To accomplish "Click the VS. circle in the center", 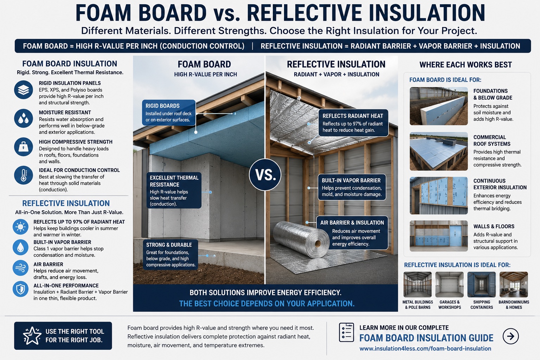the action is (x=265, y=175).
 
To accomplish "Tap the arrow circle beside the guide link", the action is (x=510, y=336).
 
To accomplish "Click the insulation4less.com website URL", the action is (x=425, y=349).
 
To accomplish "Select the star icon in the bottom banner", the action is (x=32, y=336).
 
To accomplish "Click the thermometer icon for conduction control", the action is (x=24, y=175).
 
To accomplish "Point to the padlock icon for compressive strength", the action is (x=24, y=147).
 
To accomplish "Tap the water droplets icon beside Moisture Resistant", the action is (x=24, y=118).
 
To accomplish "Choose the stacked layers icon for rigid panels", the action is (x=24, y=90).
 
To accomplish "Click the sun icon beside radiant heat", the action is (x=20, y=227).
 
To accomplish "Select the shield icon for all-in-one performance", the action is (x=20, y=289).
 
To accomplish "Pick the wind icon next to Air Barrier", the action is (x=20, y=268).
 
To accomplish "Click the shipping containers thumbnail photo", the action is (x=481, y=284).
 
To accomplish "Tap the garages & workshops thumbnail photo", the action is (x=449, y=284).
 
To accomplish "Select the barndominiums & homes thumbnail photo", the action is (x=514, y=284).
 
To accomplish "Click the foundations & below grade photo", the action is (x=439, y=106).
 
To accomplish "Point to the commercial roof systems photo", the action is (x=439, y=151).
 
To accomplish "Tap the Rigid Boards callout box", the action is (x=169, y=112).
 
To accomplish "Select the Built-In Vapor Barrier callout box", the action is (x=352, y=187).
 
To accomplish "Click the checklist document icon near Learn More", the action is (x=346, y=332).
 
